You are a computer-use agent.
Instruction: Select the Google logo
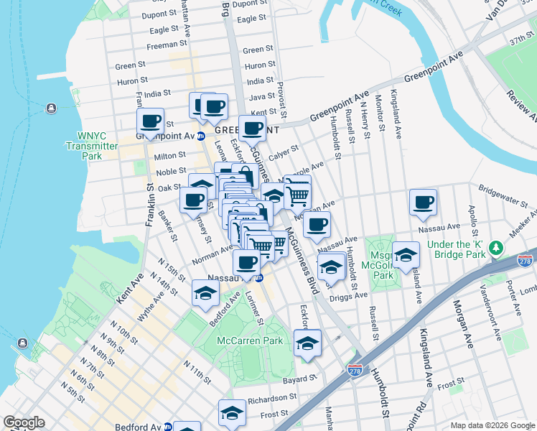tap(24, 422)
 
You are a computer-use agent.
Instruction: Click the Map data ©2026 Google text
tap(492, 425)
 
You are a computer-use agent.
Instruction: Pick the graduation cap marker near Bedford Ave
tap(205, 292)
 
